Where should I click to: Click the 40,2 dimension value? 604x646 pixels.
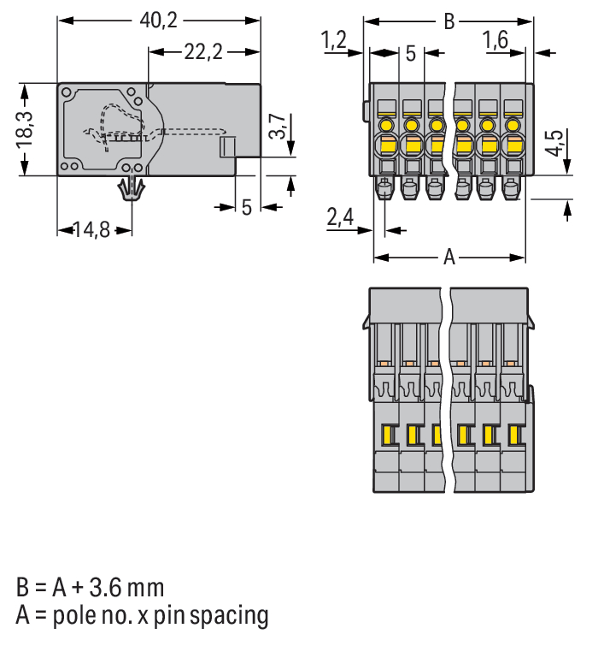point(158,21)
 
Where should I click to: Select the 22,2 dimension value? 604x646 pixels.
point(203,52)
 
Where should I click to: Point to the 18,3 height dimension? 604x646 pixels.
point(24,130)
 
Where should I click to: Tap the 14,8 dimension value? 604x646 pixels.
point(91,230)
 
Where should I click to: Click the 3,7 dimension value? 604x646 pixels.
point(278,126)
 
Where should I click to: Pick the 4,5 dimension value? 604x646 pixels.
point(554,143)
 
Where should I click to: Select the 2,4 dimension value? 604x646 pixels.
point(340,216)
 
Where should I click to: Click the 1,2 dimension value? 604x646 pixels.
point(334,40)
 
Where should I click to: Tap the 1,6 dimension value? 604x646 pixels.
point(495,40)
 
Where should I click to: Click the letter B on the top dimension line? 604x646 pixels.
point(449,21)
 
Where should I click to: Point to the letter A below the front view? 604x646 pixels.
point(449,258)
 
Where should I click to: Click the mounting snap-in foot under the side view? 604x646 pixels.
point(132,189)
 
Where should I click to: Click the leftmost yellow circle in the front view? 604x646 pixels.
point(386,124)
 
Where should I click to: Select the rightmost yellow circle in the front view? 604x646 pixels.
point(512,124)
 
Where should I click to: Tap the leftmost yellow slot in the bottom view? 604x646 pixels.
point(387,435)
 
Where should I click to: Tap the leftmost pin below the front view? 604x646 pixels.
point(384,188)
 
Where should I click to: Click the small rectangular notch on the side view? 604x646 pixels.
point(227,147)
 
